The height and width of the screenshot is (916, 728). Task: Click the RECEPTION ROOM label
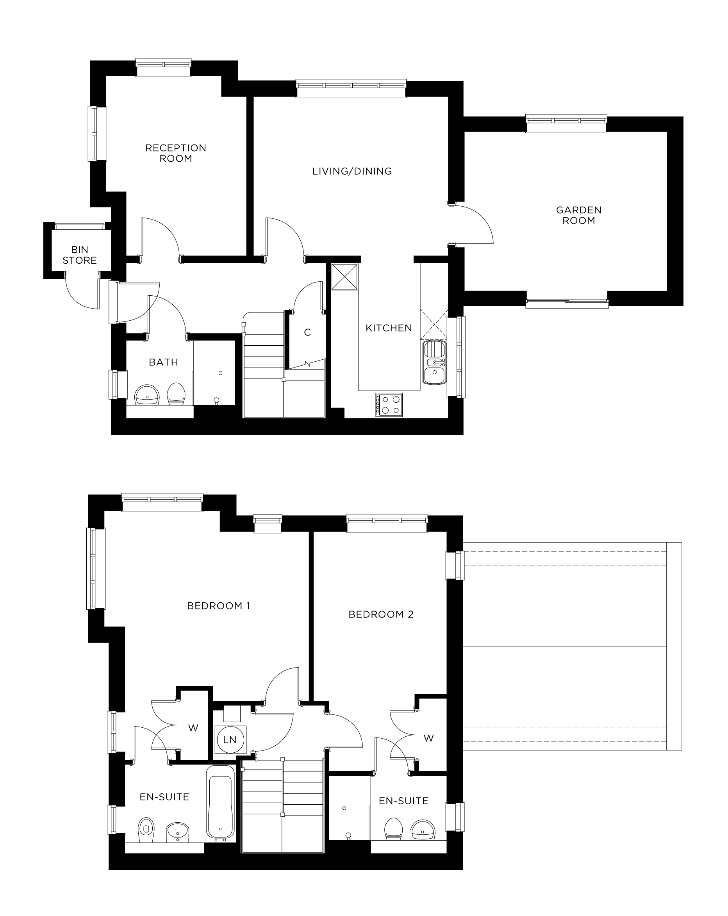[176, 153]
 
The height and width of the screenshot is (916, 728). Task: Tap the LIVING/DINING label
[352, 171]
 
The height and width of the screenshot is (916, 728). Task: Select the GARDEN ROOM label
[578, 215]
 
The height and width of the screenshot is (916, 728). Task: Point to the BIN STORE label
[79, 255]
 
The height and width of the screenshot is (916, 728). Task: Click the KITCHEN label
[389, 328]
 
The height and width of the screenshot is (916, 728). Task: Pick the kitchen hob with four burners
[389, 404]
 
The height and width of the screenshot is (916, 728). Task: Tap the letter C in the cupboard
[307, 332]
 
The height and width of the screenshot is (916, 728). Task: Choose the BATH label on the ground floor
[163, 362]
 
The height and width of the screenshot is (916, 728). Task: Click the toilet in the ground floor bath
[176, 394]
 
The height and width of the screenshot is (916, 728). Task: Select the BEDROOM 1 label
[218, 606]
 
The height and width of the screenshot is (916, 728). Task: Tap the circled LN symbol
[230, 740]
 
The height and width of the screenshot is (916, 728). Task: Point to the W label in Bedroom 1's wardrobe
[193, 728]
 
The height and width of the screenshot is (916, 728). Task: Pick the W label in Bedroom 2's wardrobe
[428, 738]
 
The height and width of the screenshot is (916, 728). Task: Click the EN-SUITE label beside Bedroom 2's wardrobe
[403, 801]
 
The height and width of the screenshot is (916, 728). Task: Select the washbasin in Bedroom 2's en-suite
[423, 829]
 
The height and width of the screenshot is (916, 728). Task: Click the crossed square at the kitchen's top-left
[344, 277]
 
